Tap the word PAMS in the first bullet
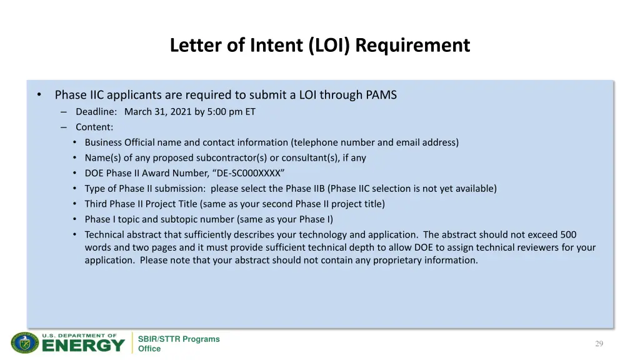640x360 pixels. click(x=381, y=95)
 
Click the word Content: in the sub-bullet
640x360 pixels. click(x=94, y=127)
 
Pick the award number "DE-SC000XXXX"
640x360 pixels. click(x=251, y=173)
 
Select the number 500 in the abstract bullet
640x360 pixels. click(x=568, y=234)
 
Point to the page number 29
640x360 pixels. click(x=599, y=344)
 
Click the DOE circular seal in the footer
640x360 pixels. click(x=24, y=343)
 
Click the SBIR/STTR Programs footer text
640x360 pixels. click(x=179, y=339)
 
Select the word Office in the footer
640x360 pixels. click(x=149, y=349)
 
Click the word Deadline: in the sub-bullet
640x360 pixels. click(x=96, y=112)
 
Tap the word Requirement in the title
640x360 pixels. click(x=416, y=46)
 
